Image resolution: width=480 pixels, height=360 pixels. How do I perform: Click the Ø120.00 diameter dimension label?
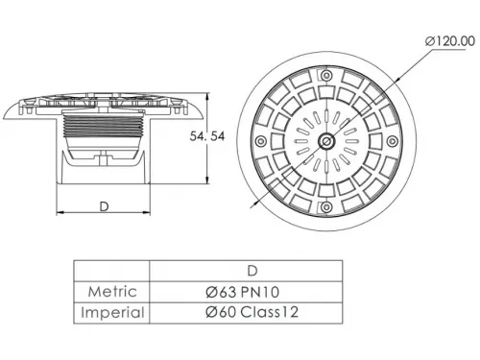tap(450, 41)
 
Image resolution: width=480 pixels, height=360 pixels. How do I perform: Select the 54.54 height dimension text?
tap(207, 136)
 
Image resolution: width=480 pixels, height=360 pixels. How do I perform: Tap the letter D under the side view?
tap(104, 206)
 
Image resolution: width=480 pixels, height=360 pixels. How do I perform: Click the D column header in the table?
tap(252, 271)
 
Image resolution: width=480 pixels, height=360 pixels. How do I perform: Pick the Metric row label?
tap(112, 292)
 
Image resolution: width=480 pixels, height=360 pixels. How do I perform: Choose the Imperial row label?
tap(112, 313)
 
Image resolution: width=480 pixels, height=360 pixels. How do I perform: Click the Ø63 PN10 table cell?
tap(242, 292)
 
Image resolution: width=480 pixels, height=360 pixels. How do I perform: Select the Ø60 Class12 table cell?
tap(252, 312)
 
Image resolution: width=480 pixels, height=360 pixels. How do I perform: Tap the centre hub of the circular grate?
tap(326, 141)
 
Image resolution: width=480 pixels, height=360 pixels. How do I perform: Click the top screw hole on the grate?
tap(326, 76)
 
